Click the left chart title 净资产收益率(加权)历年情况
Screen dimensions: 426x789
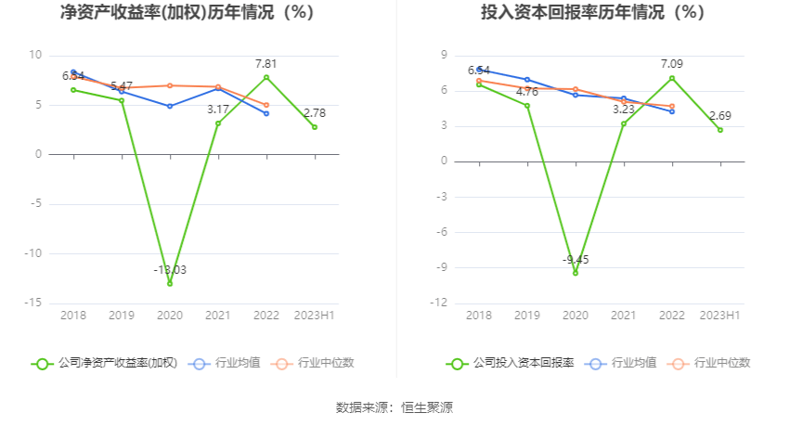pos(187,13)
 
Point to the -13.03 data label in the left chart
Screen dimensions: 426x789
pos(170,269)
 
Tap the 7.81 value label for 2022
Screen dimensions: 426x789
pos(266,64)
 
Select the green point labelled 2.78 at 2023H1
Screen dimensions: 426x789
pos(315,127)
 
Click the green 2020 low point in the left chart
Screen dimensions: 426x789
pos(170,283)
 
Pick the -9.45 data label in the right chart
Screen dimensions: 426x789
pos(576,259)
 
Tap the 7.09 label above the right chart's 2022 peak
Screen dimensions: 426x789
pos(672,64)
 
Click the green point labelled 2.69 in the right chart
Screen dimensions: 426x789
pos(720,130)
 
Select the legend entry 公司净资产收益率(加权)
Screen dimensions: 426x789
pos(105,363)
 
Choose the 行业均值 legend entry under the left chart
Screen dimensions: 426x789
pos(226,363)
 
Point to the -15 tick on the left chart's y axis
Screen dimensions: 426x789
pos(34,303)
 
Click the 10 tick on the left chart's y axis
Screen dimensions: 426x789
pos(35,55)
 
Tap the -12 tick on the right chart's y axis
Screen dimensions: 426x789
pos(440,303)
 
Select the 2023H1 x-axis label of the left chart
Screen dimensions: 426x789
pos(315,316)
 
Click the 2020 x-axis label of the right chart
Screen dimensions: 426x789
pos(576,316)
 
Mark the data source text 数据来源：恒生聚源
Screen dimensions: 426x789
pos(394,407)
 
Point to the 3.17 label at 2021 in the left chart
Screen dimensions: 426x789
pos(218,110)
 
